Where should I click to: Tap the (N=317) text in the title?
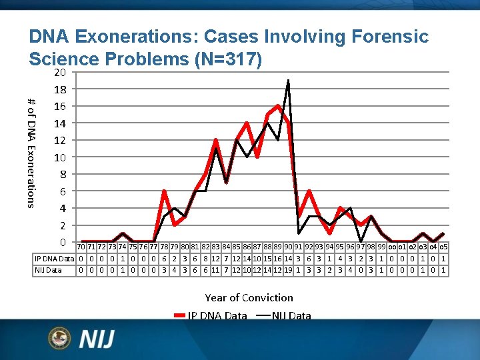click(x=226, y=59)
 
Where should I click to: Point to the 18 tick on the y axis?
click(x=59, y=89)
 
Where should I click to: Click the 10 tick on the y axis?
click(x=59, y=157)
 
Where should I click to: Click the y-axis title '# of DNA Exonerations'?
click(x=31, y=152)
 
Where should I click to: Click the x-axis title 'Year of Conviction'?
click(x=249, y=297)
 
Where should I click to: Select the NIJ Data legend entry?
click(x=284, y=315)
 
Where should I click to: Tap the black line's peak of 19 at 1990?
click(x=288, y=80)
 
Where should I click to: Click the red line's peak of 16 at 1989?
click(x=277, y=105)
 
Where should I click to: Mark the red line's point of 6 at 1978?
click(x=164, y=191)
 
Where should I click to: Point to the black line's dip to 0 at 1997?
click(x=360, y=241)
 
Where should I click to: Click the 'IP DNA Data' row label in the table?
click(x=54, y=259)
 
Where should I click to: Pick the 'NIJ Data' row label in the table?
click(x=47, y=270)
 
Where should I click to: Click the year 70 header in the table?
click(x=81, y=247)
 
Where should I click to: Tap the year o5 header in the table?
click(x=443, y=247)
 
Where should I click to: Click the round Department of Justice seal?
click(x=59, y=339)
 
